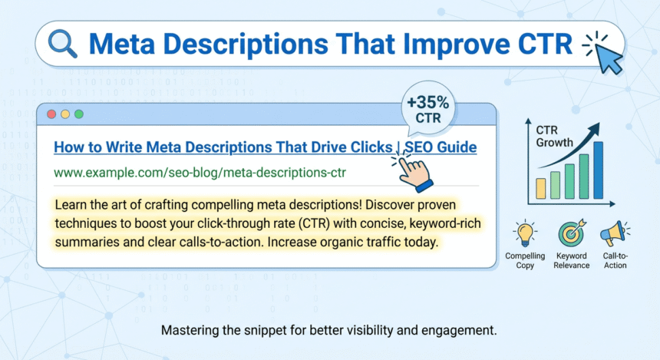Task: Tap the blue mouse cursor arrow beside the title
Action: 609,57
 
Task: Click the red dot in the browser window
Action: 51,114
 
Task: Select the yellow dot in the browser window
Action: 65,114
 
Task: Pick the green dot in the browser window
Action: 78,114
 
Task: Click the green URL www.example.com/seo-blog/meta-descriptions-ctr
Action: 200,172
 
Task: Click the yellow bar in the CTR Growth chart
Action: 542,188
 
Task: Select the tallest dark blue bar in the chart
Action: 598,170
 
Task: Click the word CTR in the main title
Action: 542,45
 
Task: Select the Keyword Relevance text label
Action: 571,260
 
